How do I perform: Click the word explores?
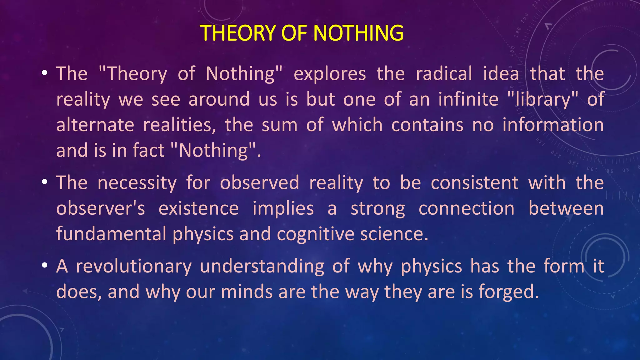point(330,74)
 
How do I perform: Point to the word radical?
point(444,74)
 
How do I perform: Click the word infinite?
point(468,99)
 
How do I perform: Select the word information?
point(553,125)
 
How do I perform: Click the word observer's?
point(101,209)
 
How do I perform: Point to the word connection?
point(466,209)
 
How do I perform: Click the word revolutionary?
point(133,267)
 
